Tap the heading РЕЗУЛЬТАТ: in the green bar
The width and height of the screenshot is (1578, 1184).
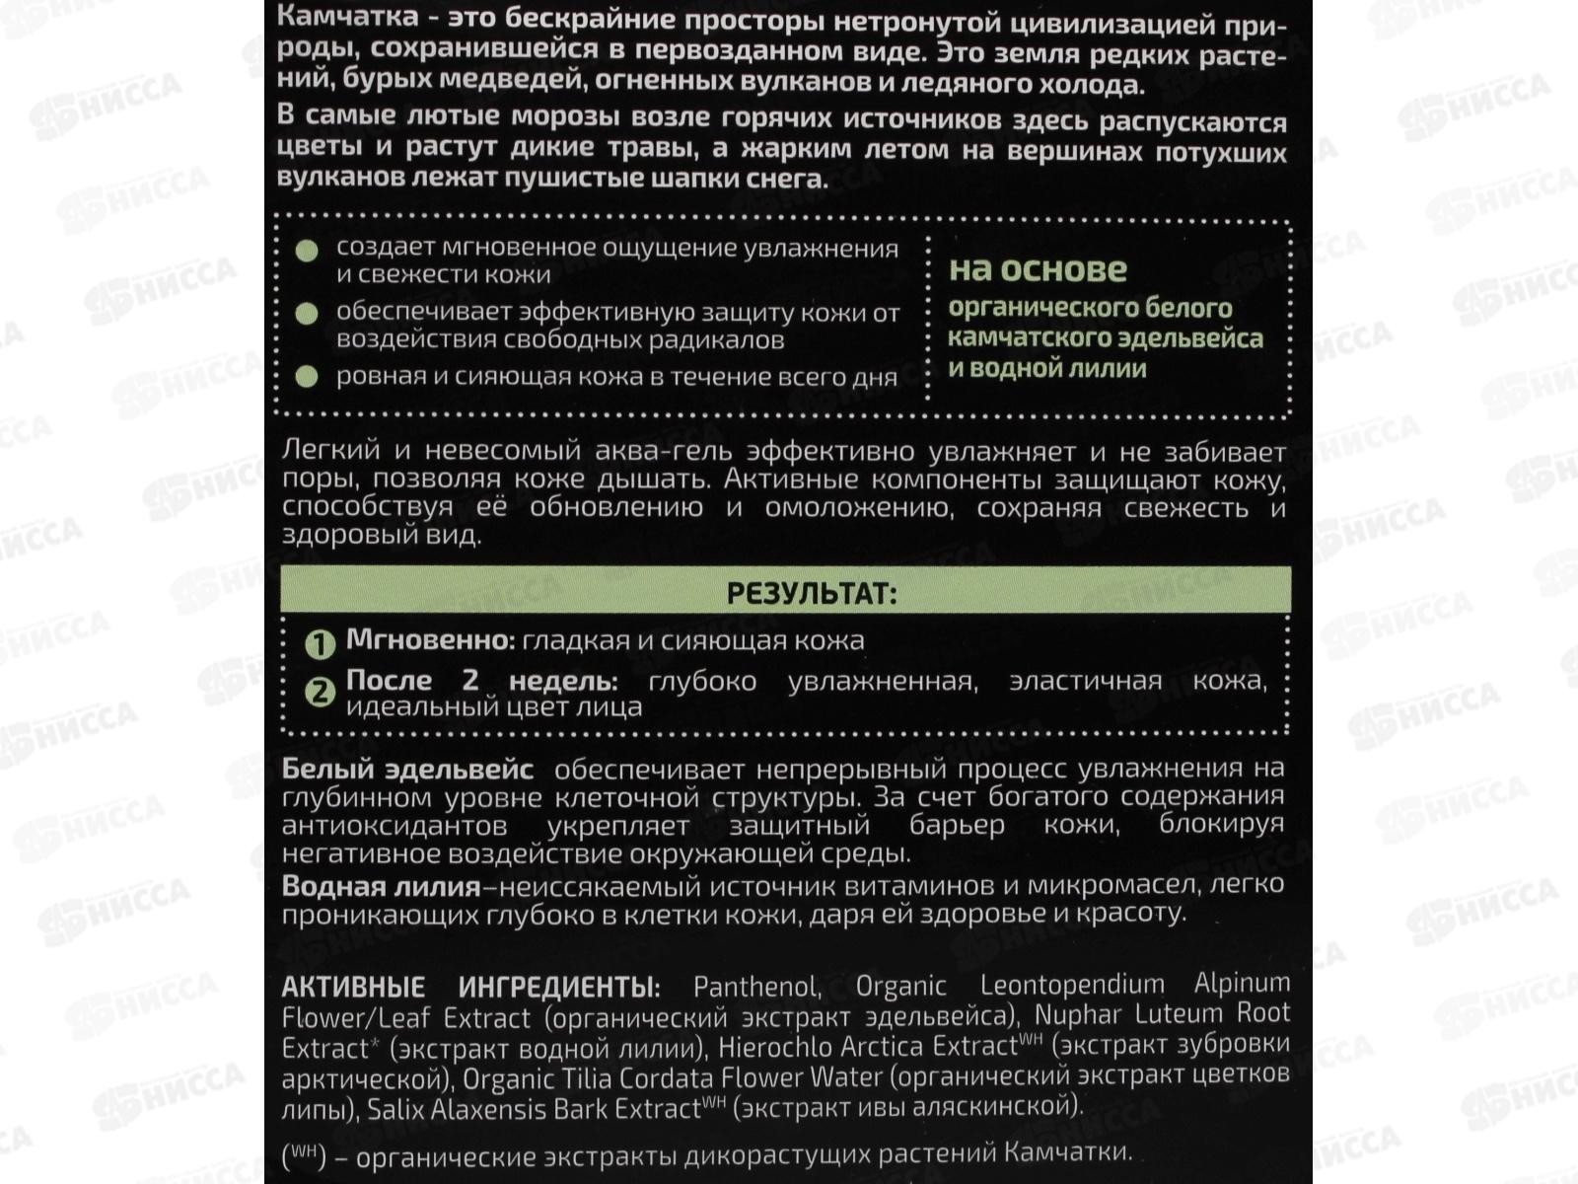click(x=812, y=594)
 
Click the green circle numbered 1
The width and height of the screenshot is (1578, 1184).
click(x=320, y=645)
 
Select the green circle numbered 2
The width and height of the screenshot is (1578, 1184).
click(x=320, y=692)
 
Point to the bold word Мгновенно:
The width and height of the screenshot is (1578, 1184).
click(x=430, y=640)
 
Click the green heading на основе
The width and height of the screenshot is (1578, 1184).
click(x=1038, y=269)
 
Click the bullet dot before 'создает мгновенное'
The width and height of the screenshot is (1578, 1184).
click(x=308, y=250)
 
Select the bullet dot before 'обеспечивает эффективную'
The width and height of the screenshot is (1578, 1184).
click(x=308, y=314)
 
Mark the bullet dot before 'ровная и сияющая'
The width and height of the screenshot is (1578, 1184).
click(x=308, y=377)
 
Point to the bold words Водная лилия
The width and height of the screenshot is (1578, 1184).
click(x=381, y=886)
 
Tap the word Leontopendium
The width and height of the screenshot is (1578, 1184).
click(x=1072, y=985)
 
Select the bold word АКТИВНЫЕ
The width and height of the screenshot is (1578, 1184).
click(x=353, y=987)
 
